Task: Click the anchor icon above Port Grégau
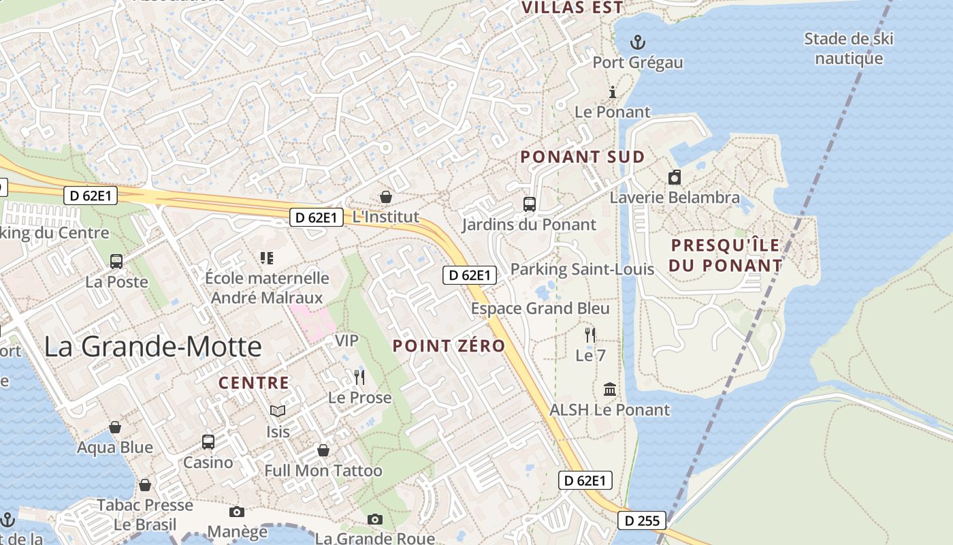(x=638, y=42)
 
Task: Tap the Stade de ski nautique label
(x=848, y=48)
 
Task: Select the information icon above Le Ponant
(x=613, y=92)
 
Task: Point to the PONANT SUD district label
(x=582, y=157)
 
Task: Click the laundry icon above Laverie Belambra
(x=675, y=177)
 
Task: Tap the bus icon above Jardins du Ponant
(x=529, y=204)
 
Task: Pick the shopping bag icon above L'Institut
(x=386, y=197)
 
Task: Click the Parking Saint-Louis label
(x=582, y=269)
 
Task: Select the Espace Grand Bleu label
(x=540, y=309)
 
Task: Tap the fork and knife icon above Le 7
(x=590, y=334)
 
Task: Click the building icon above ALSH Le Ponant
(x=610, y=390)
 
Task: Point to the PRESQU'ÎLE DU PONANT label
(x=726, y=255)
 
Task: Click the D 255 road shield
(x=642, y=521)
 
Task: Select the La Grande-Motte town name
(x=153, y=347)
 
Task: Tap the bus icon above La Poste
(x=116, y=261)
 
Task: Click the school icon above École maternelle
(x=267, y=258)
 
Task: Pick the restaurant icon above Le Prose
(x=359, y=377)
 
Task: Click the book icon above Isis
(x=278, y=411)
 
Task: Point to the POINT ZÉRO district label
(x=449, y=346)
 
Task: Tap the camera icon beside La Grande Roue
(x=374, y=520)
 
